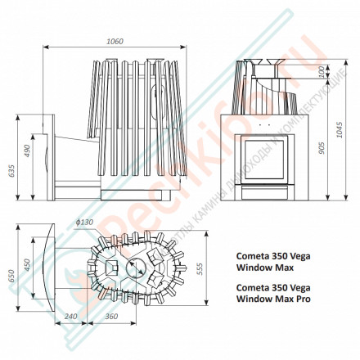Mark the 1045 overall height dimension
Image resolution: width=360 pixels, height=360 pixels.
click(x=337, y=131)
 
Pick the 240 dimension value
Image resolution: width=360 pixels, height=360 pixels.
click(x=71, y=316)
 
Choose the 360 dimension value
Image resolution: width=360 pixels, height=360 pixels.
click(x=111, y=316)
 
